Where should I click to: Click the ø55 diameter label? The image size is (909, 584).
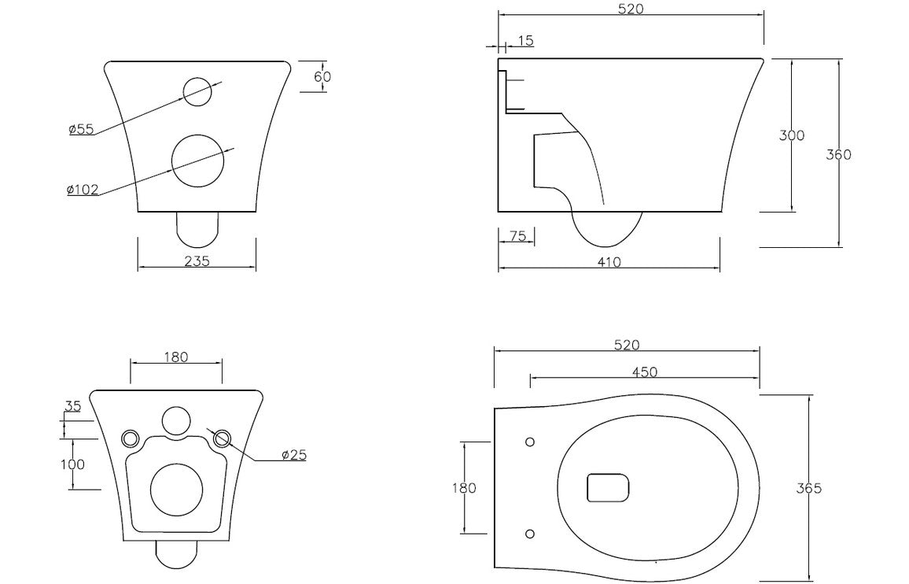[x=81, y=129]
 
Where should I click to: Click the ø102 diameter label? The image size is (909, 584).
[x=83, y=190]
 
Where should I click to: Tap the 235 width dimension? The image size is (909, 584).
[x=197, y=261]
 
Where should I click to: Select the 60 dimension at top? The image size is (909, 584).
[x=322, y=76]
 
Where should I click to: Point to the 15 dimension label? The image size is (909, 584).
[x=525, y=40]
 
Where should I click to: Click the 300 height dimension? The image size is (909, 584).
[x=791, y=135]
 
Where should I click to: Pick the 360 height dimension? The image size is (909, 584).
[x=838, y=154]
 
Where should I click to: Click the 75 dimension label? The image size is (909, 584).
[x=517, y=236]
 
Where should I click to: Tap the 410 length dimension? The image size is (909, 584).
[x=609, y=261]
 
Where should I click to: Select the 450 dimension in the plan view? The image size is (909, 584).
[x=644, y=372]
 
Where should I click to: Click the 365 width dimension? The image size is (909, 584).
[x=809, y=488]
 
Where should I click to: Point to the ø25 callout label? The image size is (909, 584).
[x=293, y=455]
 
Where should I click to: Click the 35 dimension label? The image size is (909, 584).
[x=72, y=407]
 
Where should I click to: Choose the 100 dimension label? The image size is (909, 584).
[x=72, y=464]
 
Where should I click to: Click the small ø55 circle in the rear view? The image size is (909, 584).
[x=197, y=91]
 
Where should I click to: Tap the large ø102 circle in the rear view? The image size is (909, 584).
[x=197, y=161]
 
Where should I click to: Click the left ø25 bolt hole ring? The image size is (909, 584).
[x=130, y=438]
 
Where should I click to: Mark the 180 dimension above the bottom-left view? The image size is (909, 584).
[x=176, y=357]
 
